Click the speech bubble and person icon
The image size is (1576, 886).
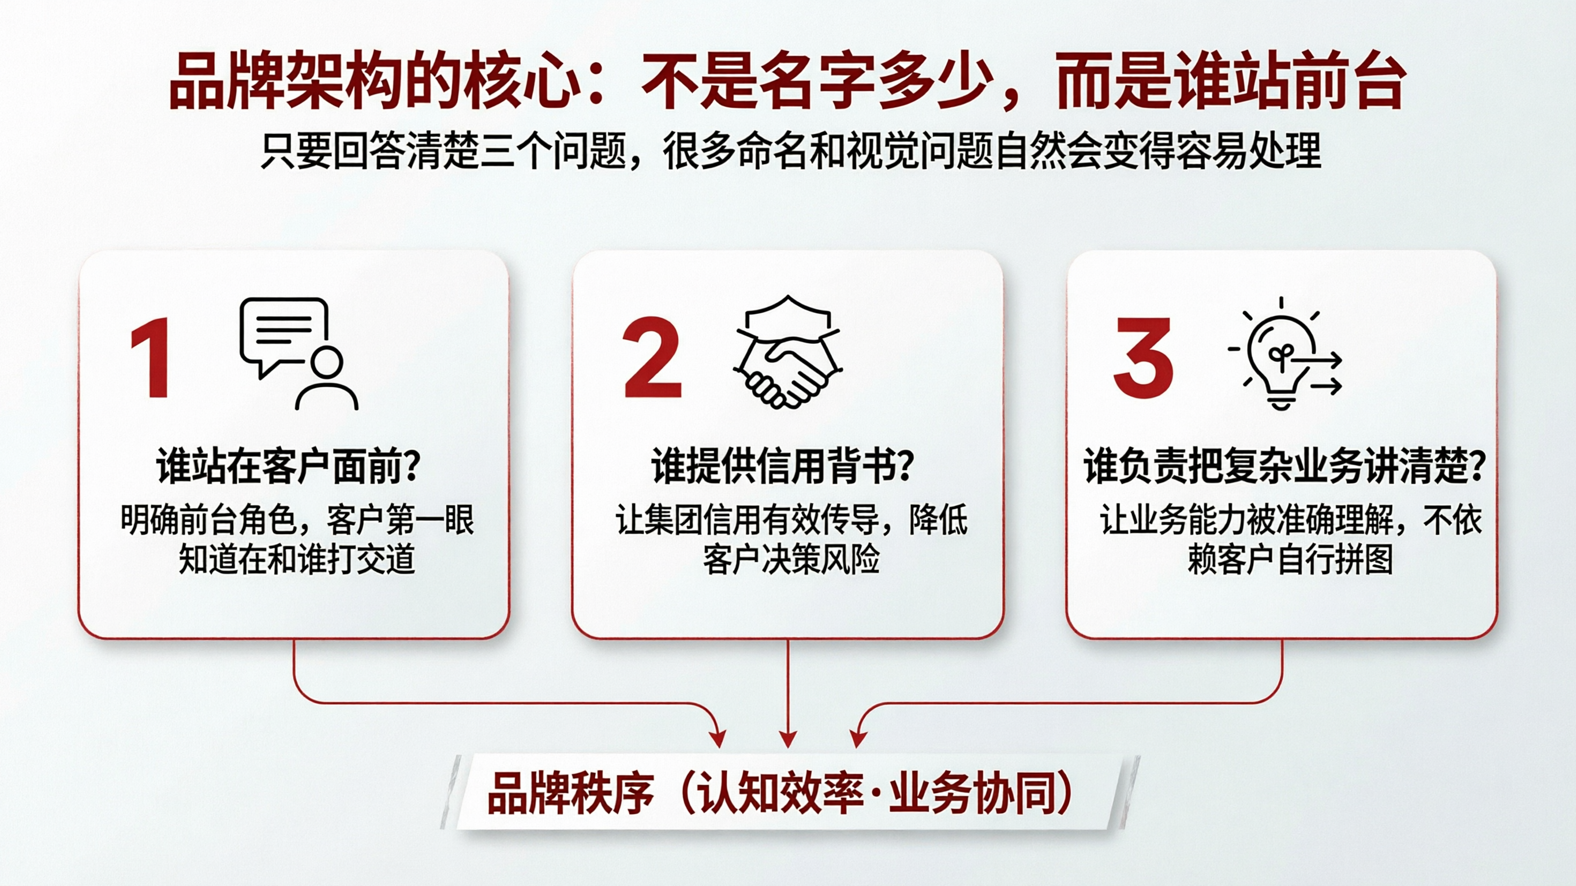tap(297, 354)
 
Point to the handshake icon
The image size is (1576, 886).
tap(787, 354)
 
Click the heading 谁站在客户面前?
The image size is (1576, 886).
tap(287, 467)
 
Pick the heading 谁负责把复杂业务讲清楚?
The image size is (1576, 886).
tap(1284, 467)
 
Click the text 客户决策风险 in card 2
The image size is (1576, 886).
tap(791, 558)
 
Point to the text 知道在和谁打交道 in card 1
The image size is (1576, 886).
tap(297, 558)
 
